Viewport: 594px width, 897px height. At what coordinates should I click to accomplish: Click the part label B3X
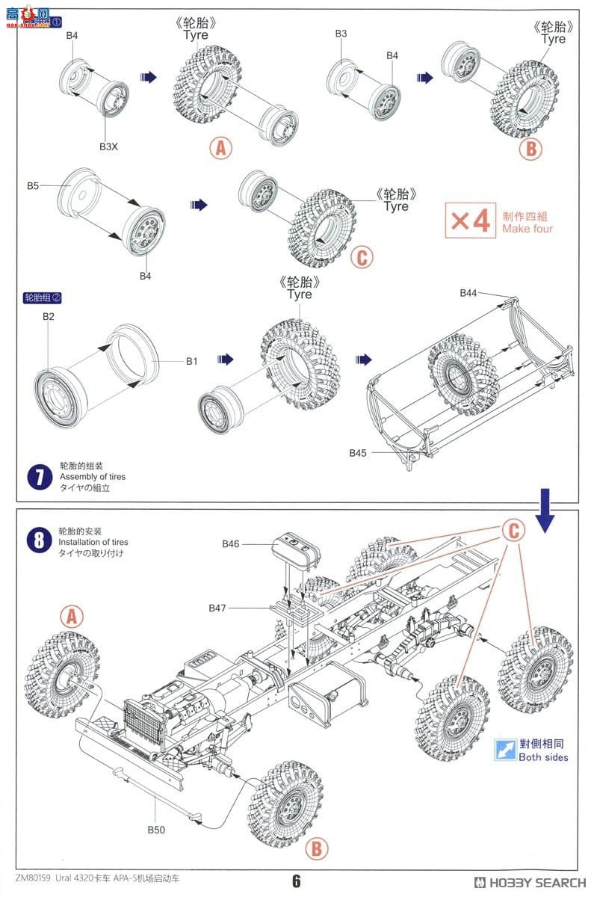click(109, 147)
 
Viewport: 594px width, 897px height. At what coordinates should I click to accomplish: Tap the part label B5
click(33, 185)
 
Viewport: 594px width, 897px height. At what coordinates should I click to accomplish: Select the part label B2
click(49, 316)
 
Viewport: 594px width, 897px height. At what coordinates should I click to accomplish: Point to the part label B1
click(192, 362)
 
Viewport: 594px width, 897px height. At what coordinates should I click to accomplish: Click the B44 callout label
click(468, 293)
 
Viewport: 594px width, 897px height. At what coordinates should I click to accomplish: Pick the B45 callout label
click(358, 452)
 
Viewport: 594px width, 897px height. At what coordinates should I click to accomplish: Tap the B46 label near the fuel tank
click(231, 543)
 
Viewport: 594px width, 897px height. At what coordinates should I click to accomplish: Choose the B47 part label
click(217, 608)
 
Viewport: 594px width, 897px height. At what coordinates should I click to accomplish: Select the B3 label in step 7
click(341, 34)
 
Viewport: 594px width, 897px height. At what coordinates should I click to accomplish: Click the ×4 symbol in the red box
click(471, 221)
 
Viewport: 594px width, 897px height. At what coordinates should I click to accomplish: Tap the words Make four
click(528, 229)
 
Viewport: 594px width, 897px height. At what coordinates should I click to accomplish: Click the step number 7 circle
click(39, 476)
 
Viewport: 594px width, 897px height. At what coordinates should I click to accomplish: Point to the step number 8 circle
click(39, 539)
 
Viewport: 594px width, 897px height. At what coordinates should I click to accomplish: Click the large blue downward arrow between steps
click(544, 511)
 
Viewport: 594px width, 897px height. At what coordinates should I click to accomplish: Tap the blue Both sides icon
click(506, 750)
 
